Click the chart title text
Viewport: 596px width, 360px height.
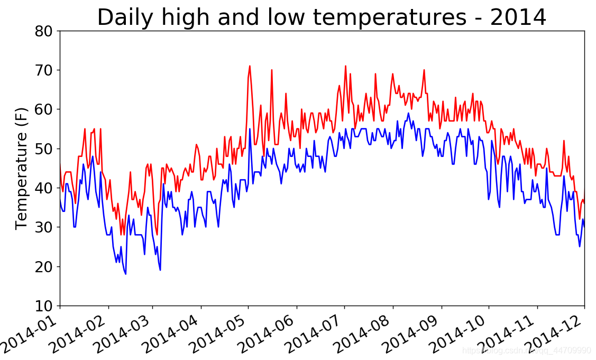point(321,17)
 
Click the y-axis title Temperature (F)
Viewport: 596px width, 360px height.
point(21,169)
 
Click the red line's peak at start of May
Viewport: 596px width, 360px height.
point(250,66)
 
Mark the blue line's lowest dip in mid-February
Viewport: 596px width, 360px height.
point(125,274)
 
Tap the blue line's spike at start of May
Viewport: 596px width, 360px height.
point(250,129)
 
